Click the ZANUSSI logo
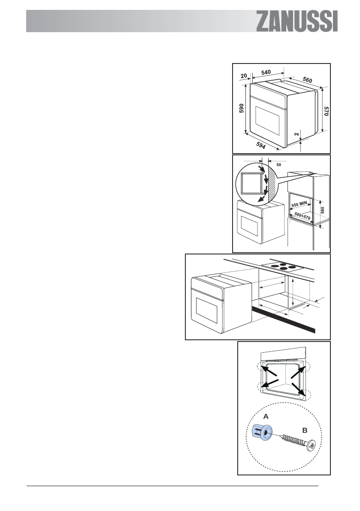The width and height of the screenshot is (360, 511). click(x=297, y=21)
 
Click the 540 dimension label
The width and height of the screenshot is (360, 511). click(x=266, y=73)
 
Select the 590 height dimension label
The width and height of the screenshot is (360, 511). click(x=242, y=110)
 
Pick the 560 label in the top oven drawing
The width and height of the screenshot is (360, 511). click(x=307, y=80)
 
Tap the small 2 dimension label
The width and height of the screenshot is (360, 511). click(x=296, y=134)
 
